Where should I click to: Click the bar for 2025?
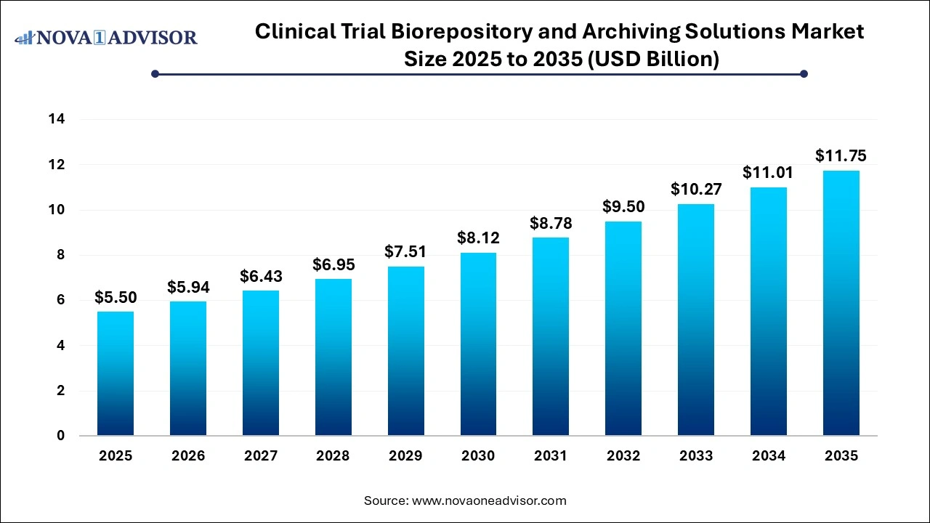pyautogui.click(x=116, y=374)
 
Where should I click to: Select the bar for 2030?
pyautogui.click(x=478, y=344)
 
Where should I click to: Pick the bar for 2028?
pyautogui.click(x=333, y=357)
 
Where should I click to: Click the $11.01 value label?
pyautogui.click(x=768, y=173)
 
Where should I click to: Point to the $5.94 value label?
pyautogui.click(x=188, y=288)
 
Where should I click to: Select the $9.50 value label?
pyautogui.click(x=623, y=207)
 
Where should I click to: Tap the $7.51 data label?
pyautogui.click(x=405, y=252)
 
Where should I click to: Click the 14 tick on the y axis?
pyautogui.click(x=57, y=119)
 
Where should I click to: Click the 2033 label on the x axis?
pyautogui.click(x=696, y=456)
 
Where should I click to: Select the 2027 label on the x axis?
pyautogui.click(x=261, y=456)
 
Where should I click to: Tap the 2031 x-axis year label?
pyautogui.click(x=551, y=456)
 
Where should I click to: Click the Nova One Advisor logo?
pyautogui.click(x=106, y=37)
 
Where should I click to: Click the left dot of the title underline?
pyautogui.click(x=155, y=73)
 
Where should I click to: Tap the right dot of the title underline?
pyautogui.click(x=804, y=73)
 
